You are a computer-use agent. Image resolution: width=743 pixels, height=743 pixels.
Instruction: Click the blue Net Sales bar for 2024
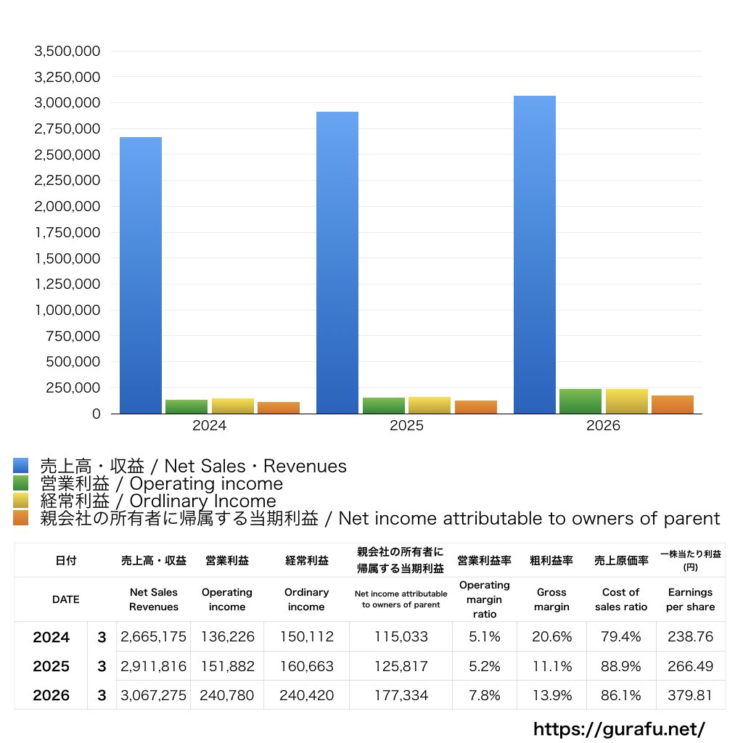point(141,275)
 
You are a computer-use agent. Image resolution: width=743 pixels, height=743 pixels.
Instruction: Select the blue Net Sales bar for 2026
point(535,255)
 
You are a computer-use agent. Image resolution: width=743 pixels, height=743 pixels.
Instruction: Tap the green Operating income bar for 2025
point(384,406)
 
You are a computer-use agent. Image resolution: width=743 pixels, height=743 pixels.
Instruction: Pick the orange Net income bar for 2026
point(673,405)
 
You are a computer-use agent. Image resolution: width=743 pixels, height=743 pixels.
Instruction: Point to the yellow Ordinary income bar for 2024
point(233,406)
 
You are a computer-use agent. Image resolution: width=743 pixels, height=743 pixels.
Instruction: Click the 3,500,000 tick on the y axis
point(67,52)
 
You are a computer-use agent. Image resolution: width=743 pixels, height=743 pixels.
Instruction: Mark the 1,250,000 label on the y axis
point(67,284)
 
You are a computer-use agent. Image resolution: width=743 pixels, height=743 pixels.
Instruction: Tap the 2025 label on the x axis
point(406,425)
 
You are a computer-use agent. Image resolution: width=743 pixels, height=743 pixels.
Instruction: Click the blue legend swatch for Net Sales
point(21,465)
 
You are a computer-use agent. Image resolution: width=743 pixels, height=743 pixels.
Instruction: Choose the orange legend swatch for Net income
point(21,518)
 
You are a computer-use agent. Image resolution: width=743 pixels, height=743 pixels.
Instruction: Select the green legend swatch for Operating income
point(21,483)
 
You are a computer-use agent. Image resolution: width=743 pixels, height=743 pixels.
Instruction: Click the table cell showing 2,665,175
point(154,636)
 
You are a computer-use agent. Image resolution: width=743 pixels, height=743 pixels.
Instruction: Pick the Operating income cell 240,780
point(227,695)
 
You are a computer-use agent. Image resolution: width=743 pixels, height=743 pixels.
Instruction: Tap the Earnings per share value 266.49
point(691,666)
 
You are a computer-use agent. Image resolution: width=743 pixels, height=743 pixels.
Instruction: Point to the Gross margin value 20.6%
point(551,636)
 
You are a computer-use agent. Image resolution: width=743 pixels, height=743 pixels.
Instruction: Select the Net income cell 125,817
point(401,666)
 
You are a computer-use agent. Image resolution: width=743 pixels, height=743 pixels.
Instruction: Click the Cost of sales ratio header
point(621,599)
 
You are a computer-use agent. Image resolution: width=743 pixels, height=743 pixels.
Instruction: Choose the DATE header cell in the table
point(66,599)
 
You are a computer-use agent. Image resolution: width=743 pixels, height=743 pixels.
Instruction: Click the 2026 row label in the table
point(52,695)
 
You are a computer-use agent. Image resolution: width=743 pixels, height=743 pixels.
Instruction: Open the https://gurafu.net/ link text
point(620,728)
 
